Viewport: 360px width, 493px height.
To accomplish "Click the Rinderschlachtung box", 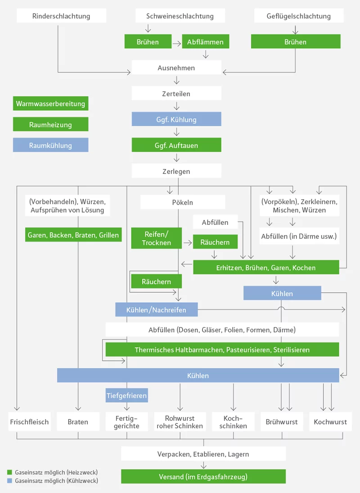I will click(x=61, y=16).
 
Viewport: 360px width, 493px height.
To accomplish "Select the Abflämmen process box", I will click(x=205, y=42).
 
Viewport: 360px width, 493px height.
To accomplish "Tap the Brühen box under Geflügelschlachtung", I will click(x=295, y=42).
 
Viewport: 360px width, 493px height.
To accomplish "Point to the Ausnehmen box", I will click(x=176, y=68).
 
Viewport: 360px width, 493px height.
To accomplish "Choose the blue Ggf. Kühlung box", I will click(x=176, y=120).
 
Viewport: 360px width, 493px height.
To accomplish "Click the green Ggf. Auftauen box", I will click(x=176, y=145).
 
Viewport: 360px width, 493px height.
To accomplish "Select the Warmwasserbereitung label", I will click(x=50, y=103).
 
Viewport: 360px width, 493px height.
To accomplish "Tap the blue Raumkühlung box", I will click(x=50, y=145).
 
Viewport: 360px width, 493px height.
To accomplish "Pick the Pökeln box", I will click(x=182, y=202).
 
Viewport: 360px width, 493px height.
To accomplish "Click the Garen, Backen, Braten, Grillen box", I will click(x=73, y=235).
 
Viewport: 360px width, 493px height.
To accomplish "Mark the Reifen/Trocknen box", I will click(x=157, y=238).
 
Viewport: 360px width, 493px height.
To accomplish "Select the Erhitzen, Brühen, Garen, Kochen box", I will click(x=266, y=268).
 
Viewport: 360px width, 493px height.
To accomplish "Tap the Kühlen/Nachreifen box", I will click(x=156, y=309).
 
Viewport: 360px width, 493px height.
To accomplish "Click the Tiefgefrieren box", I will click(x=126, y=395).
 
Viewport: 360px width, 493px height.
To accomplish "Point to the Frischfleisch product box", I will click(x=29, y=422).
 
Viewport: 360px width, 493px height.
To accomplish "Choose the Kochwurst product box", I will click(x=330, y=422).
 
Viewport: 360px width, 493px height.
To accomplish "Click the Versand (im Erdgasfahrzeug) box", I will click(x=203, y=476).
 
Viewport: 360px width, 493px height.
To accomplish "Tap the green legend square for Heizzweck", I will click(x=9, y=472).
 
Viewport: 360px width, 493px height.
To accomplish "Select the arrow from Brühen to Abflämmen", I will click(x=177, y=42).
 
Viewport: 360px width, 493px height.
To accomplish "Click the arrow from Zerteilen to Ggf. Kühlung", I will click(x=176, y=106).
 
